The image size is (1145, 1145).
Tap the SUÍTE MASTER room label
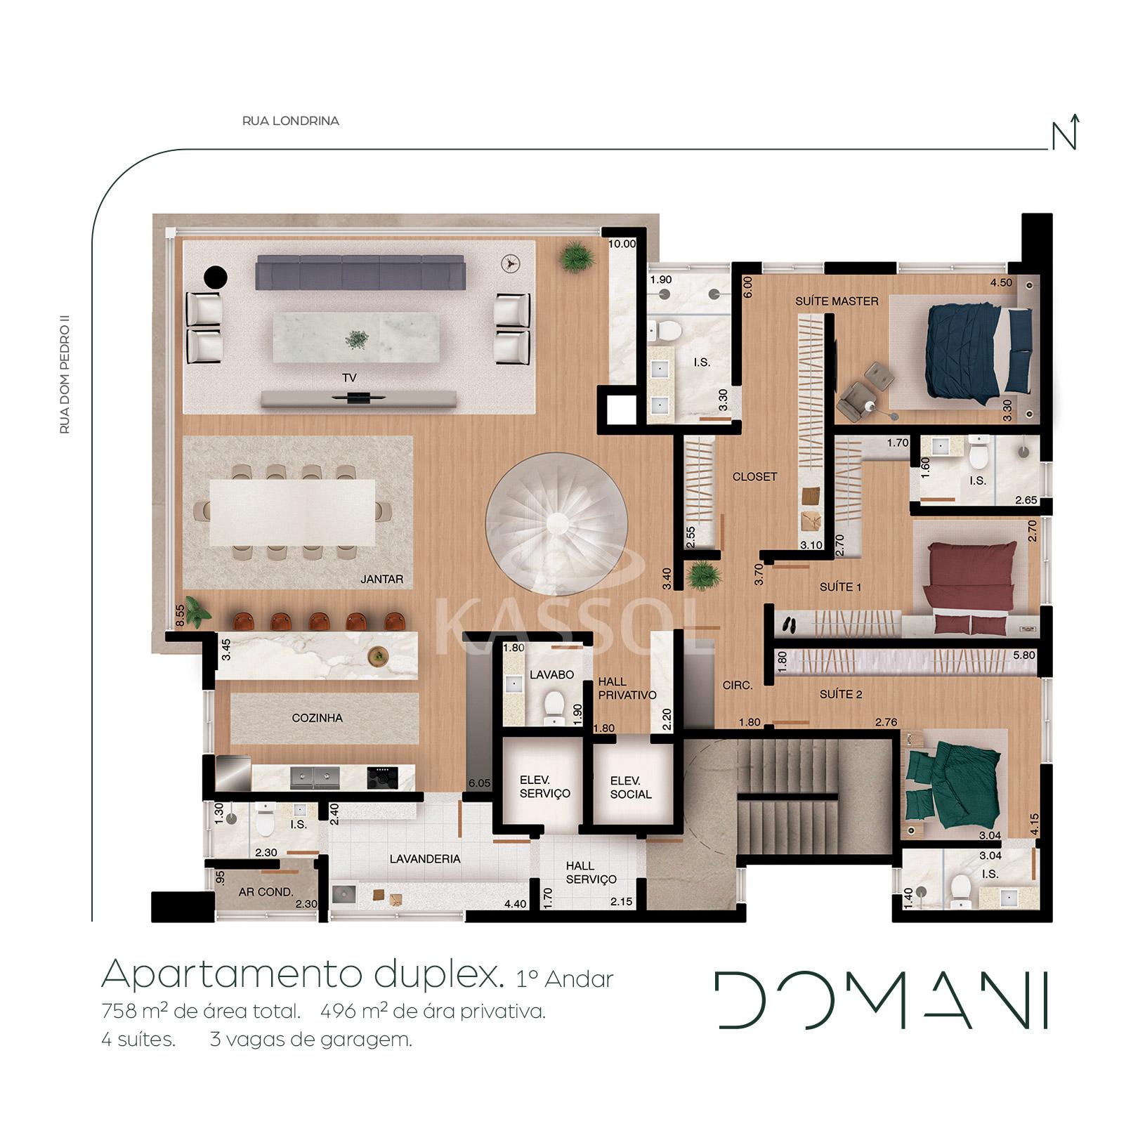837,301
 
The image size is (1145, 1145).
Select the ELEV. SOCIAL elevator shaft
631,787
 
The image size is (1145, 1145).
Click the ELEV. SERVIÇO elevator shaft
544,786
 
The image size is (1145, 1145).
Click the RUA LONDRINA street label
291,121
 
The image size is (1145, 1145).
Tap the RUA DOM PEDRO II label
65,377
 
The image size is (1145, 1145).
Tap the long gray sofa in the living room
360,272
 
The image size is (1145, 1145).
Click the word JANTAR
382,580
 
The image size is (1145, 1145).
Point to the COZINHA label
318,718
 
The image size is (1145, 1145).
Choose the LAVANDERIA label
426,858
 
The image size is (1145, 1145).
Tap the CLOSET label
754,476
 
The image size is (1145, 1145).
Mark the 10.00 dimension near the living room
622,244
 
